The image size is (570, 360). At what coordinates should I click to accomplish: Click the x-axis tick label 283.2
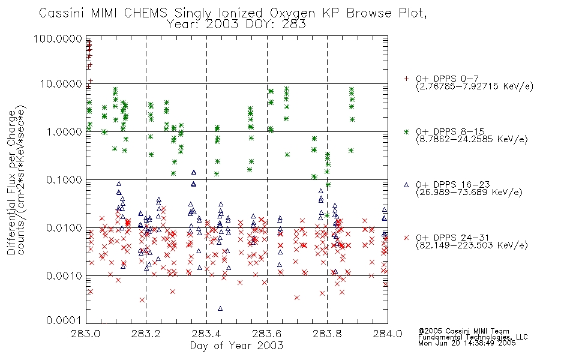click(146, 334)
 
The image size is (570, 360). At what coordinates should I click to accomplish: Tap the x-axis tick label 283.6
click(266, 334)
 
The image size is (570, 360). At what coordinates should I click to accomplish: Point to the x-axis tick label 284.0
click(387, 334)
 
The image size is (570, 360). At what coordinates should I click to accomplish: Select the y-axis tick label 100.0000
click(58, 38)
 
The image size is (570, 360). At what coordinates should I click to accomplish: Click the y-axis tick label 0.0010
click(64, 276)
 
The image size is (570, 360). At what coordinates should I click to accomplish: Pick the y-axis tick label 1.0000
click(64, 131)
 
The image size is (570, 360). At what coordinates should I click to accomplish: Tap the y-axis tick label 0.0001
click(64, 320)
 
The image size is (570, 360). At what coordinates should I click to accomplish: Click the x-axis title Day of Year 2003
click(236, 346)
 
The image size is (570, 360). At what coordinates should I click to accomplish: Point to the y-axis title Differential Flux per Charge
click(11, 182)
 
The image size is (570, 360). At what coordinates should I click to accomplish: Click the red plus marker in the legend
click(406, 79)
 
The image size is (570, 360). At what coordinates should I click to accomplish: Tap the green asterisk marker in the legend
click(406, 131)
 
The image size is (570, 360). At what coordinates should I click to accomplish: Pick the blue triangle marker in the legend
click(406, 185)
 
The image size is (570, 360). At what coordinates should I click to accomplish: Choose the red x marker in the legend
click(406, 238)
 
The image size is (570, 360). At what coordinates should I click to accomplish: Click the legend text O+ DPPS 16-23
click(453, 184)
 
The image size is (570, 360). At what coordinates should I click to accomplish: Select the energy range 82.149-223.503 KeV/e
click(472, 245)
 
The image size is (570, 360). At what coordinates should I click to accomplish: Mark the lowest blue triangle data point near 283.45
click(220, 309)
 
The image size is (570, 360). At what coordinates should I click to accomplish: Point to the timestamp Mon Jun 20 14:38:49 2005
click(467, 343)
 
